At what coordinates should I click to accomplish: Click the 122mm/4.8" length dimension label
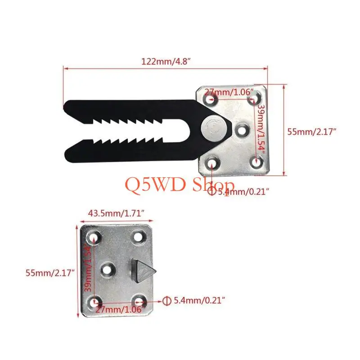point(166,62)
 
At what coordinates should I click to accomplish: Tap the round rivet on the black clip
point(213,130)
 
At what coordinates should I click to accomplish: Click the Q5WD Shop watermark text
point(180,185)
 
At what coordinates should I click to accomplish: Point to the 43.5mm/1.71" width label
point(116,213)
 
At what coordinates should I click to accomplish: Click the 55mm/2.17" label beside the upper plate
point(312,132)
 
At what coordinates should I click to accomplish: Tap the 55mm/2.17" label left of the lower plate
point(50,273)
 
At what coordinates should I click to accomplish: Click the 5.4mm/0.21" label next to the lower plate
point(199,300)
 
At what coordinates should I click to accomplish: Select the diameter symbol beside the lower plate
point(166,301)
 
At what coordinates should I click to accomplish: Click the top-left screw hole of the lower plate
point(94,237)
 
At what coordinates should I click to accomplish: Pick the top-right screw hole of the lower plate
point(139,237)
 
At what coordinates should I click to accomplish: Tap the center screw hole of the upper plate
point(243,130)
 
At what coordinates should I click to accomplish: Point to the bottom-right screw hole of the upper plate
point(256,162)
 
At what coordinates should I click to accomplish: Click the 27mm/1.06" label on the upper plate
point(229,92)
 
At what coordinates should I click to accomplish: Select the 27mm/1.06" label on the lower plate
point(121,310)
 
